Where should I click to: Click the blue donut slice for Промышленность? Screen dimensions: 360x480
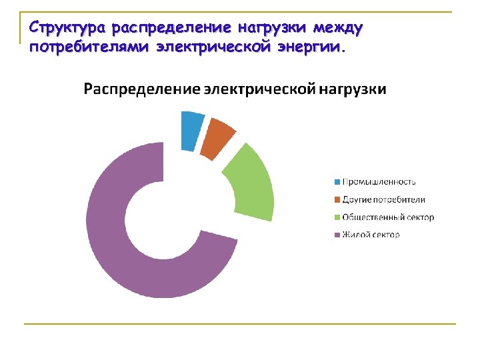[x=191, y=130]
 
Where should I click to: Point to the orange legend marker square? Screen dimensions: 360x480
[x=337, y=199]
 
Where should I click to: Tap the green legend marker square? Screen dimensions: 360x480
[x=337, y=217]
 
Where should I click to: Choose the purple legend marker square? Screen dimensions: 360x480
[x=337, y=235]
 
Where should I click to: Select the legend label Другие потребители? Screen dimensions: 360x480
[x=384, y=199]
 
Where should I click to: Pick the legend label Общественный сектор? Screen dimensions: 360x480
[x=388, y=217]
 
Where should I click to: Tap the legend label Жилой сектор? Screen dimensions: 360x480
[x=371, y=235]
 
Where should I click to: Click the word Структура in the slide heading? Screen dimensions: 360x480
[x=67, y=29]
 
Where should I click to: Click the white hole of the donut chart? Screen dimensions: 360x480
[x=163, y=220]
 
